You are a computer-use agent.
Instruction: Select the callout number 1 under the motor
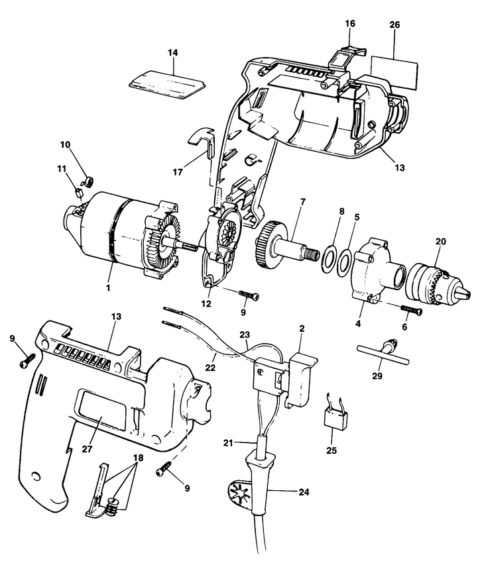(x=108, y=289)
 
